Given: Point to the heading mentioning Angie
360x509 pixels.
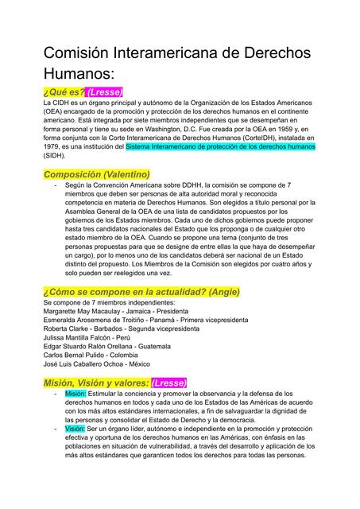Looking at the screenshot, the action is coord(141,292).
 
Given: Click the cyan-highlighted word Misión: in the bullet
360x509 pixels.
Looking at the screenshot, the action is coord(75,393).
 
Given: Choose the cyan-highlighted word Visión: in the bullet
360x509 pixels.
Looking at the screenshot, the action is coord(75,429).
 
